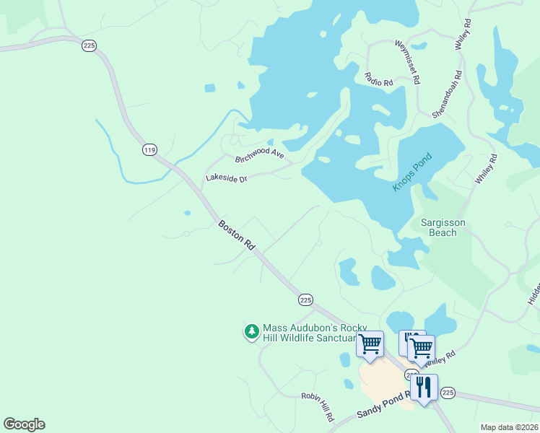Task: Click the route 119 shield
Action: (149, 150)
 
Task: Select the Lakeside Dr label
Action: (227, 178)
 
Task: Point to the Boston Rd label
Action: (237, 235)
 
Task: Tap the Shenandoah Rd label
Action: (446, 95)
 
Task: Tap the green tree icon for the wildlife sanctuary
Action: (251, 331)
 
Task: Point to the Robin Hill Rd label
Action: (318, 407)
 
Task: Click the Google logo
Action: (24, 424)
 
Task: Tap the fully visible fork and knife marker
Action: (424, 388)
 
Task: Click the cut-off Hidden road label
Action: (534, 292)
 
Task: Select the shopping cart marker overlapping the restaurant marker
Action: (421, 348)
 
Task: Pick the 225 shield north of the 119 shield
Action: (90, 45)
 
